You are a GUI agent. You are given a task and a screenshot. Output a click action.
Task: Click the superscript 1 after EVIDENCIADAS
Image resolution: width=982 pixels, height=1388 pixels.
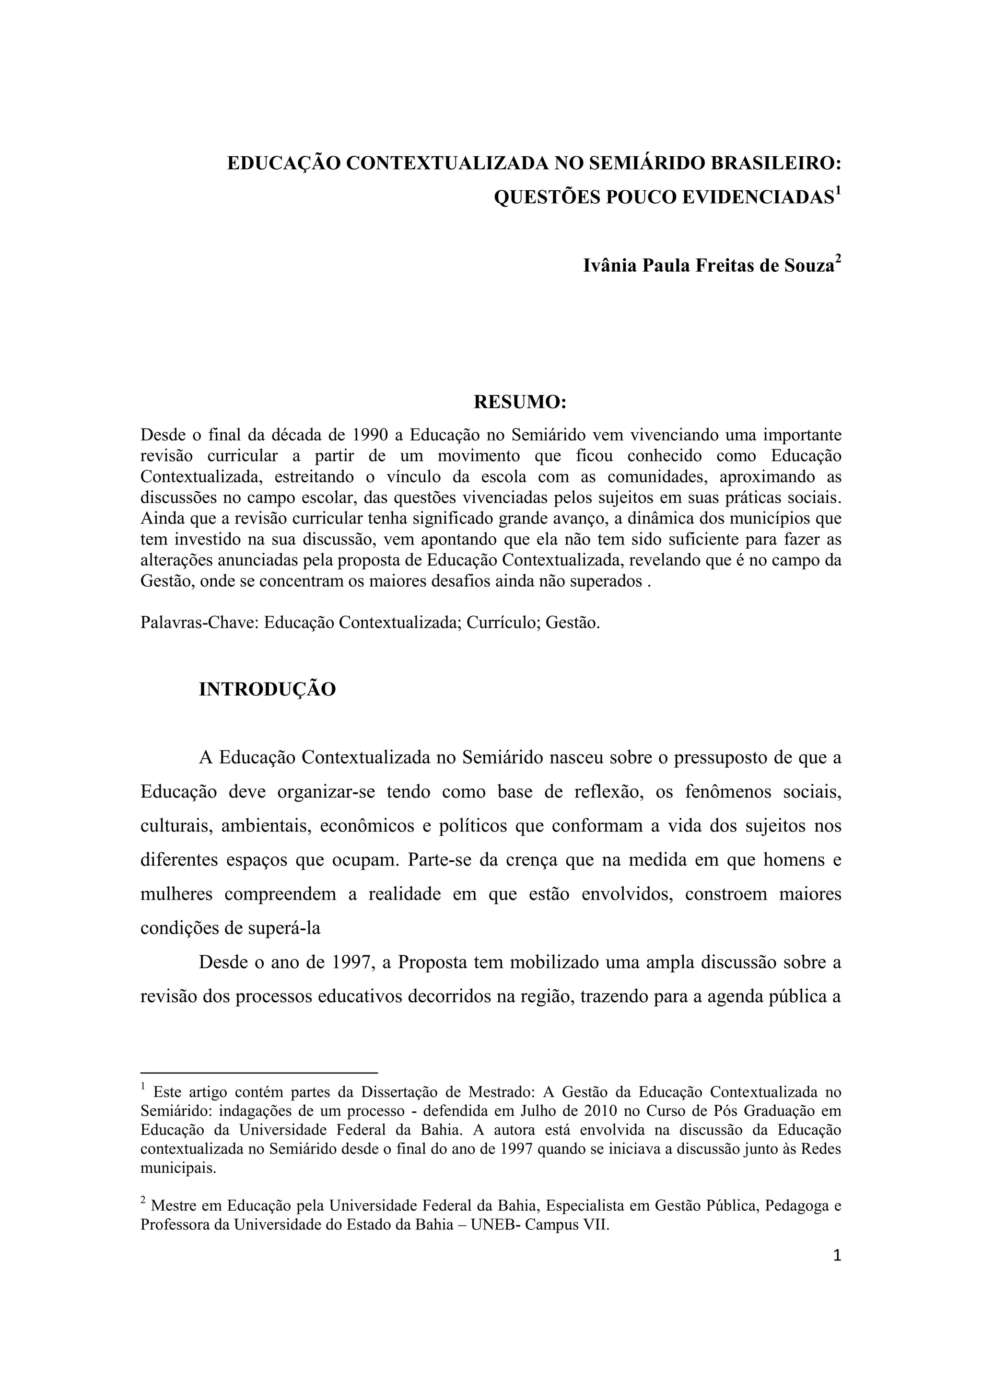point(838,191)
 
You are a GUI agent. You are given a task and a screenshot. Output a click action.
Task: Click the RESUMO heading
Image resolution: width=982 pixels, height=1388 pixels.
point(519,402)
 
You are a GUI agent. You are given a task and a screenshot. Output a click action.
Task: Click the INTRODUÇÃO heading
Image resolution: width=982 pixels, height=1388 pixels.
point(267,690)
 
